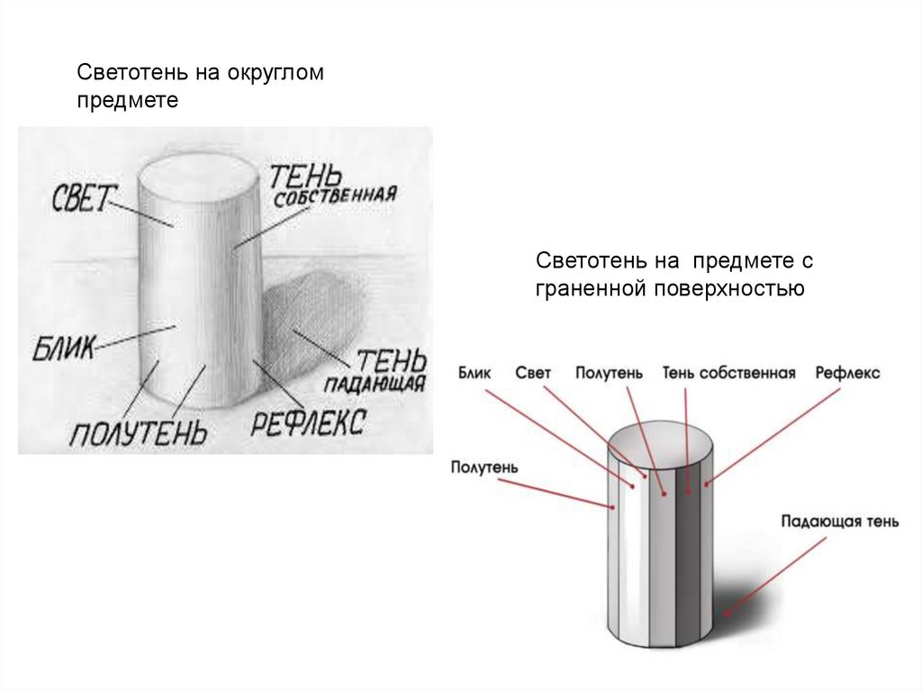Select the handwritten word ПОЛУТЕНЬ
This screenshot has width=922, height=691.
click(138, 434)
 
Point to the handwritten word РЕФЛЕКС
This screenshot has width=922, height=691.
click(308, 422)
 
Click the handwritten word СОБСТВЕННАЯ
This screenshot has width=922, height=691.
click(335, 196)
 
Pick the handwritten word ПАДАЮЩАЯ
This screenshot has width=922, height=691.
click(375, 384)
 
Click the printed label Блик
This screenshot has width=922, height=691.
click(475, 373)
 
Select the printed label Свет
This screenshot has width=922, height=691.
click(533, 373)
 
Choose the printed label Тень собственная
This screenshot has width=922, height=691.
click(728, 373)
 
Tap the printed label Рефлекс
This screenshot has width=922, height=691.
click(847, 373)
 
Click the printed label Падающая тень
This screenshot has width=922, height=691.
click(840, 522)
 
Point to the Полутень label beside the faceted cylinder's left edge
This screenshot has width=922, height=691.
click(484, 468)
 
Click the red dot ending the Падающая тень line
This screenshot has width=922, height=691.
click(727, 614)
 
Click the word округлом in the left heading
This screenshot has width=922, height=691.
click(276, 73)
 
